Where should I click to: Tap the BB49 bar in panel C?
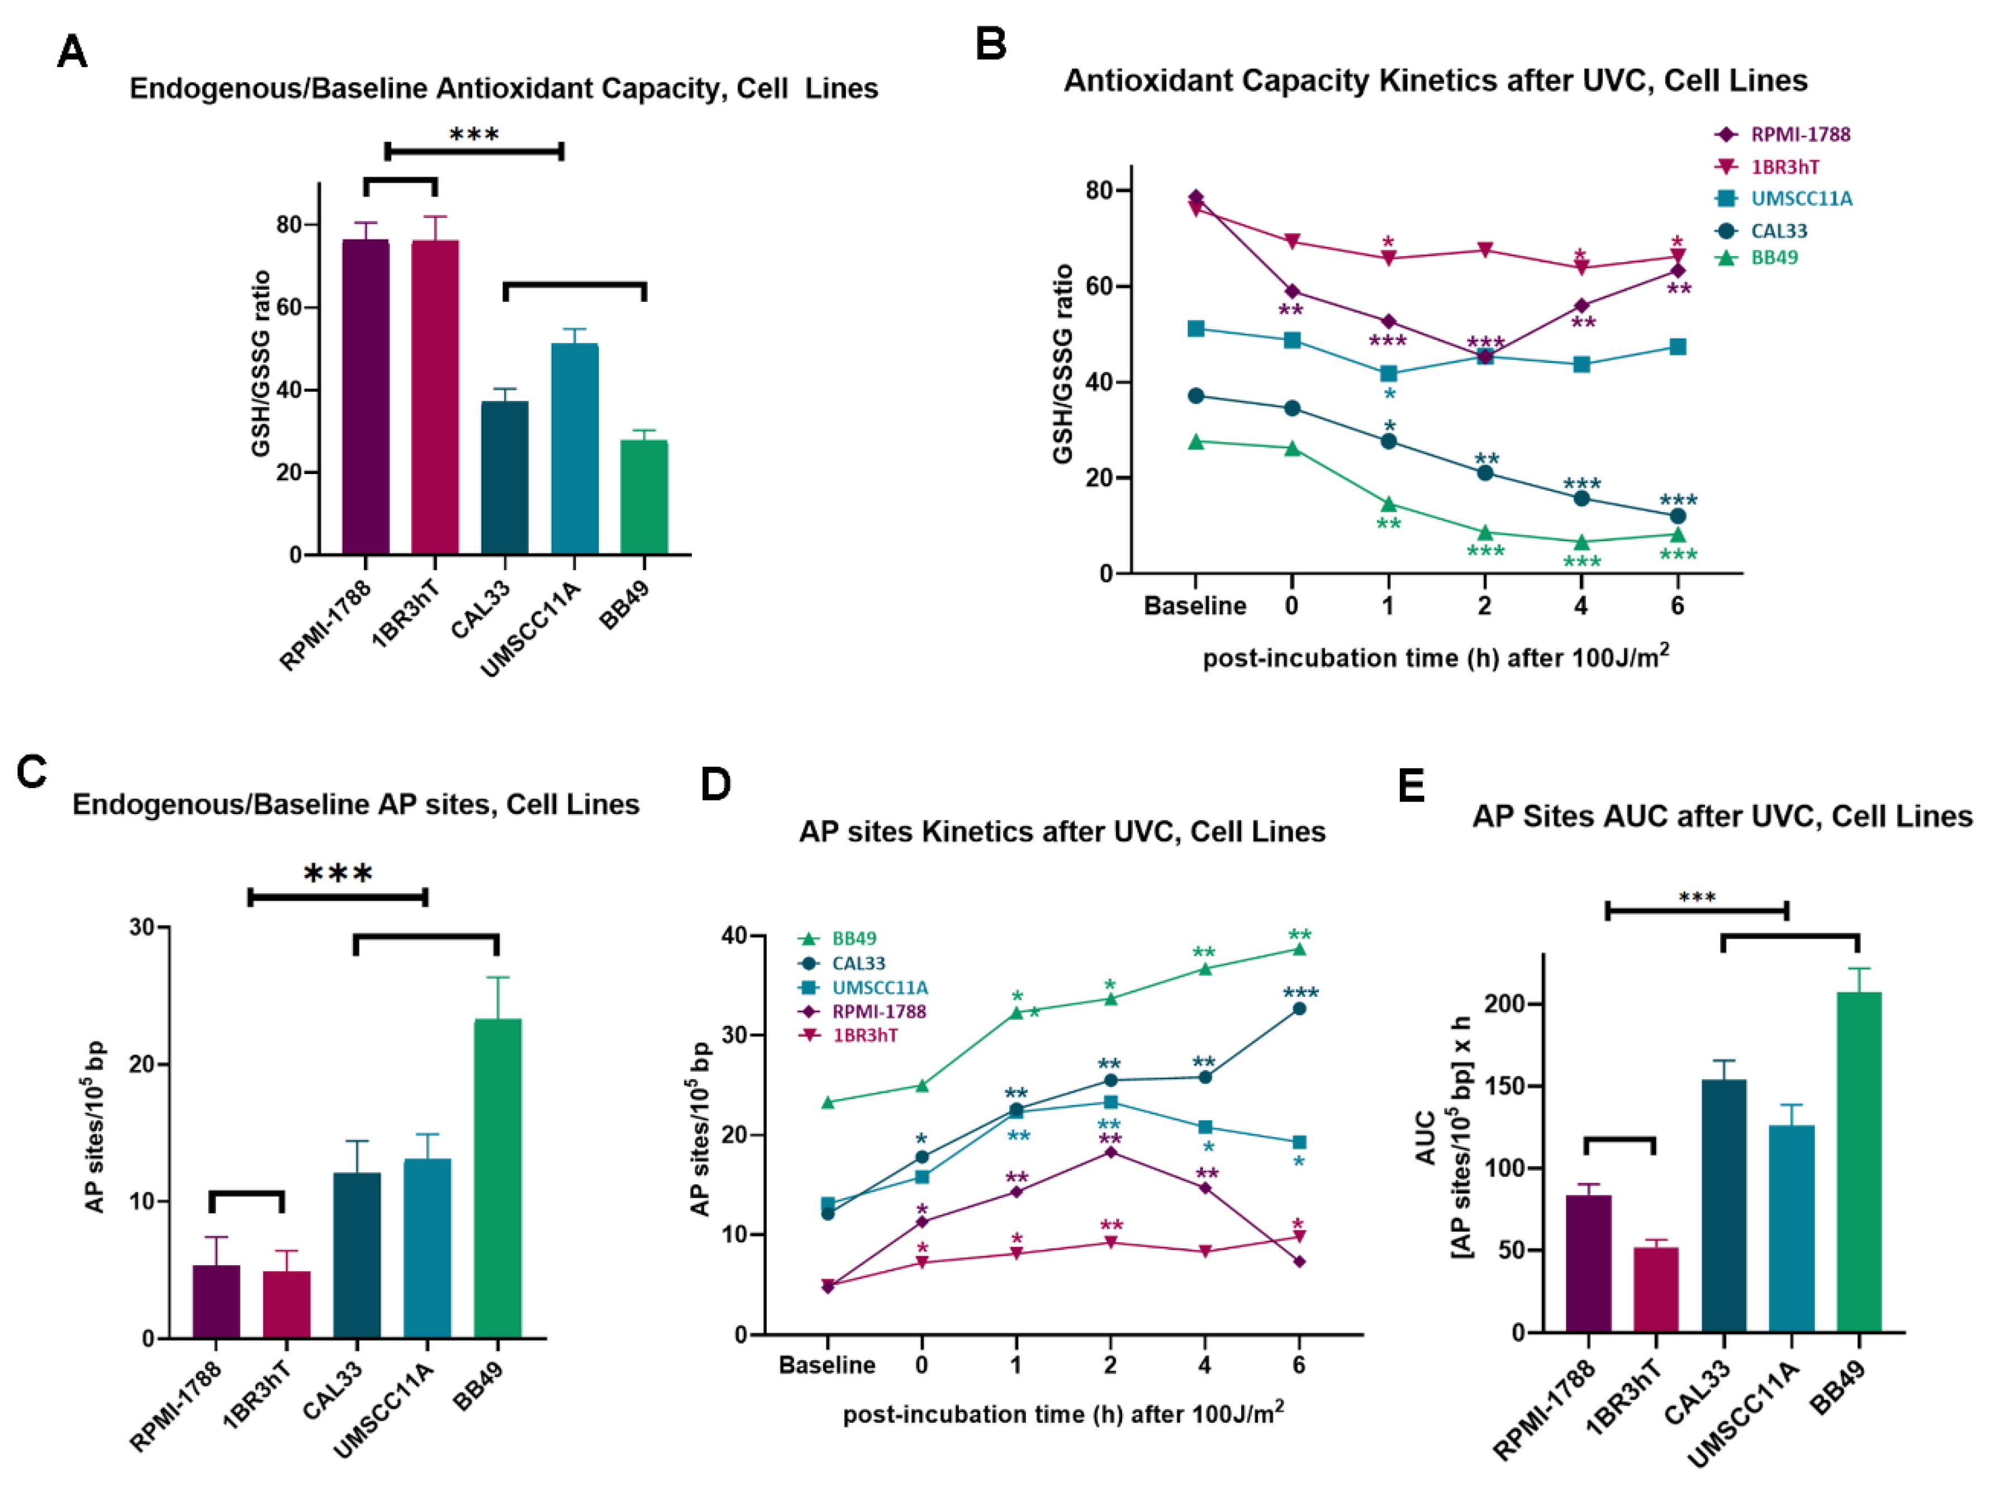tap(497, 1178)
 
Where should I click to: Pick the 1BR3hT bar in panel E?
tap(1655, 1289)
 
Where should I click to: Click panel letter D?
tap(715, 785)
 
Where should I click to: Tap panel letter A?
tap(72, 51)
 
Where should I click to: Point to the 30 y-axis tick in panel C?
tap(141, 927)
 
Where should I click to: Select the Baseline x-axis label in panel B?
tap(1195, 605)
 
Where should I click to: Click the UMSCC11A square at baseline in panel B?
tap(1195, 328)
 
